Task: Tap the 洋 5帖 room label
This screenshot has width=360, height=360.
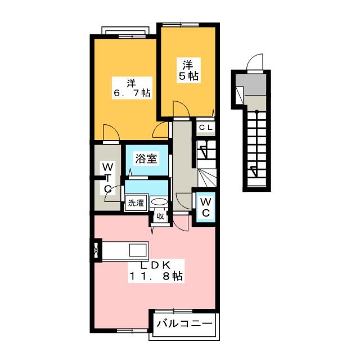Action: (187, 68)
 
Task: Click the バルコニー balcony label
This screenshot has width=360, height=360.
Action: (184, 324)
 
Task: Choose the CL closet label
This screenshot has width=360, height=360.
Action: (205, 128)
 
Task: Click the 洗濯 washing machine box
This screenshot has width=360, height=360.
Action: (136, 204)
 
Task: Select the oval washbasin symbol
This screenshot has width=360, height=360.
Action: (159, 202)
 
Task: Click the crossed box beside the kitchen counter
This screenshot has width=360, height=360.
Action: (97, 250)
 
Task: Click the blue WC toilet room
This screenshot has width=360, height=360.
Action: (205, 207)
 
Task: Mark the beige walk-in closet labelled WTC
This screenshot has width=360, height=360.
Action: (106, 177)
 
